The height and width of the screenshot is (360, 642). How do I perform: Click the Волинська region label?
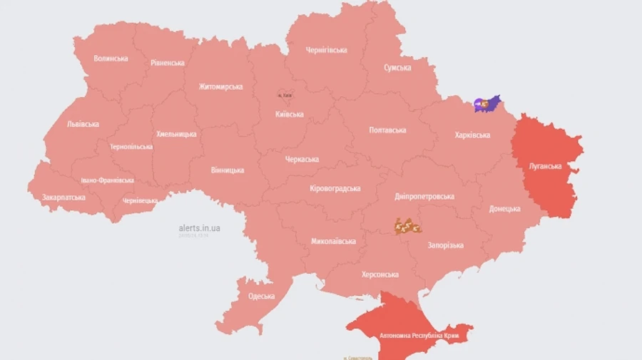[111, 58]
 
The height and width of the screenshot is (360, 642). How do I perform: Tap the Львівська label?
[83, 124]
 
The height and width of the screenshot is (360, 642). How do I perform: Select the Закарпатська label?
[63, 197]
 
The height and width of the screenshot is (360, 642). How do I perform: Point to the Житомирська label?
[220, 87]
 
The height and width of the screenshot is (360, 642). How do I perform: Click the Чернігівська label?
[326, 50]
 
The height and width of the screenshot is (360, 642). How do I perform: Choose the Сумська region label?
[397, 68]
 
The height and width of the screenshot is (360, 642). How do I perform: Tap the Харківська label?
[472, 135]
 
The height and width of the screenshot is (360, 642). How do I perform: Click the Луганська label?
[546, 167]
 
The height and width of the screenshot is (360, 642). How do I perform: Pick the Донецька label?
[504, 209]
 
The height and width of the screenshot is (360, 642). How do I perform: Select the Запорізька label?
[445, 245]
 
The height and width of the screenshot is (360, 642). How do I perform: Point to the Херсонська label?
[380, 274]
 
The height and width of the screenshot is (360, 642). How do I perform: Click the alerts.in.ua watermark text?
[199, 228]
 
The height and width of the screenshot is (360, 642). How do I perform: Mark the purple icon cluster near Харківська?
[486, 104]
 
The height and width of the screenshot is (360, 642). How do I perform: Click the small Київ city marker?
[285, 95]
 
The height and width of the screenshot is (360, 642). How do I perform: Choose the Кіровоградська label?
[335, 188]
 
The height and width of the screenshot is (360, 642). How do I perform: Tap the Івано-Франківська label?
[107, 180]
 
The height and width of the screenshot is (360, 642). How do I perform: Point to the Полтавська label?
[387, 130]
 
